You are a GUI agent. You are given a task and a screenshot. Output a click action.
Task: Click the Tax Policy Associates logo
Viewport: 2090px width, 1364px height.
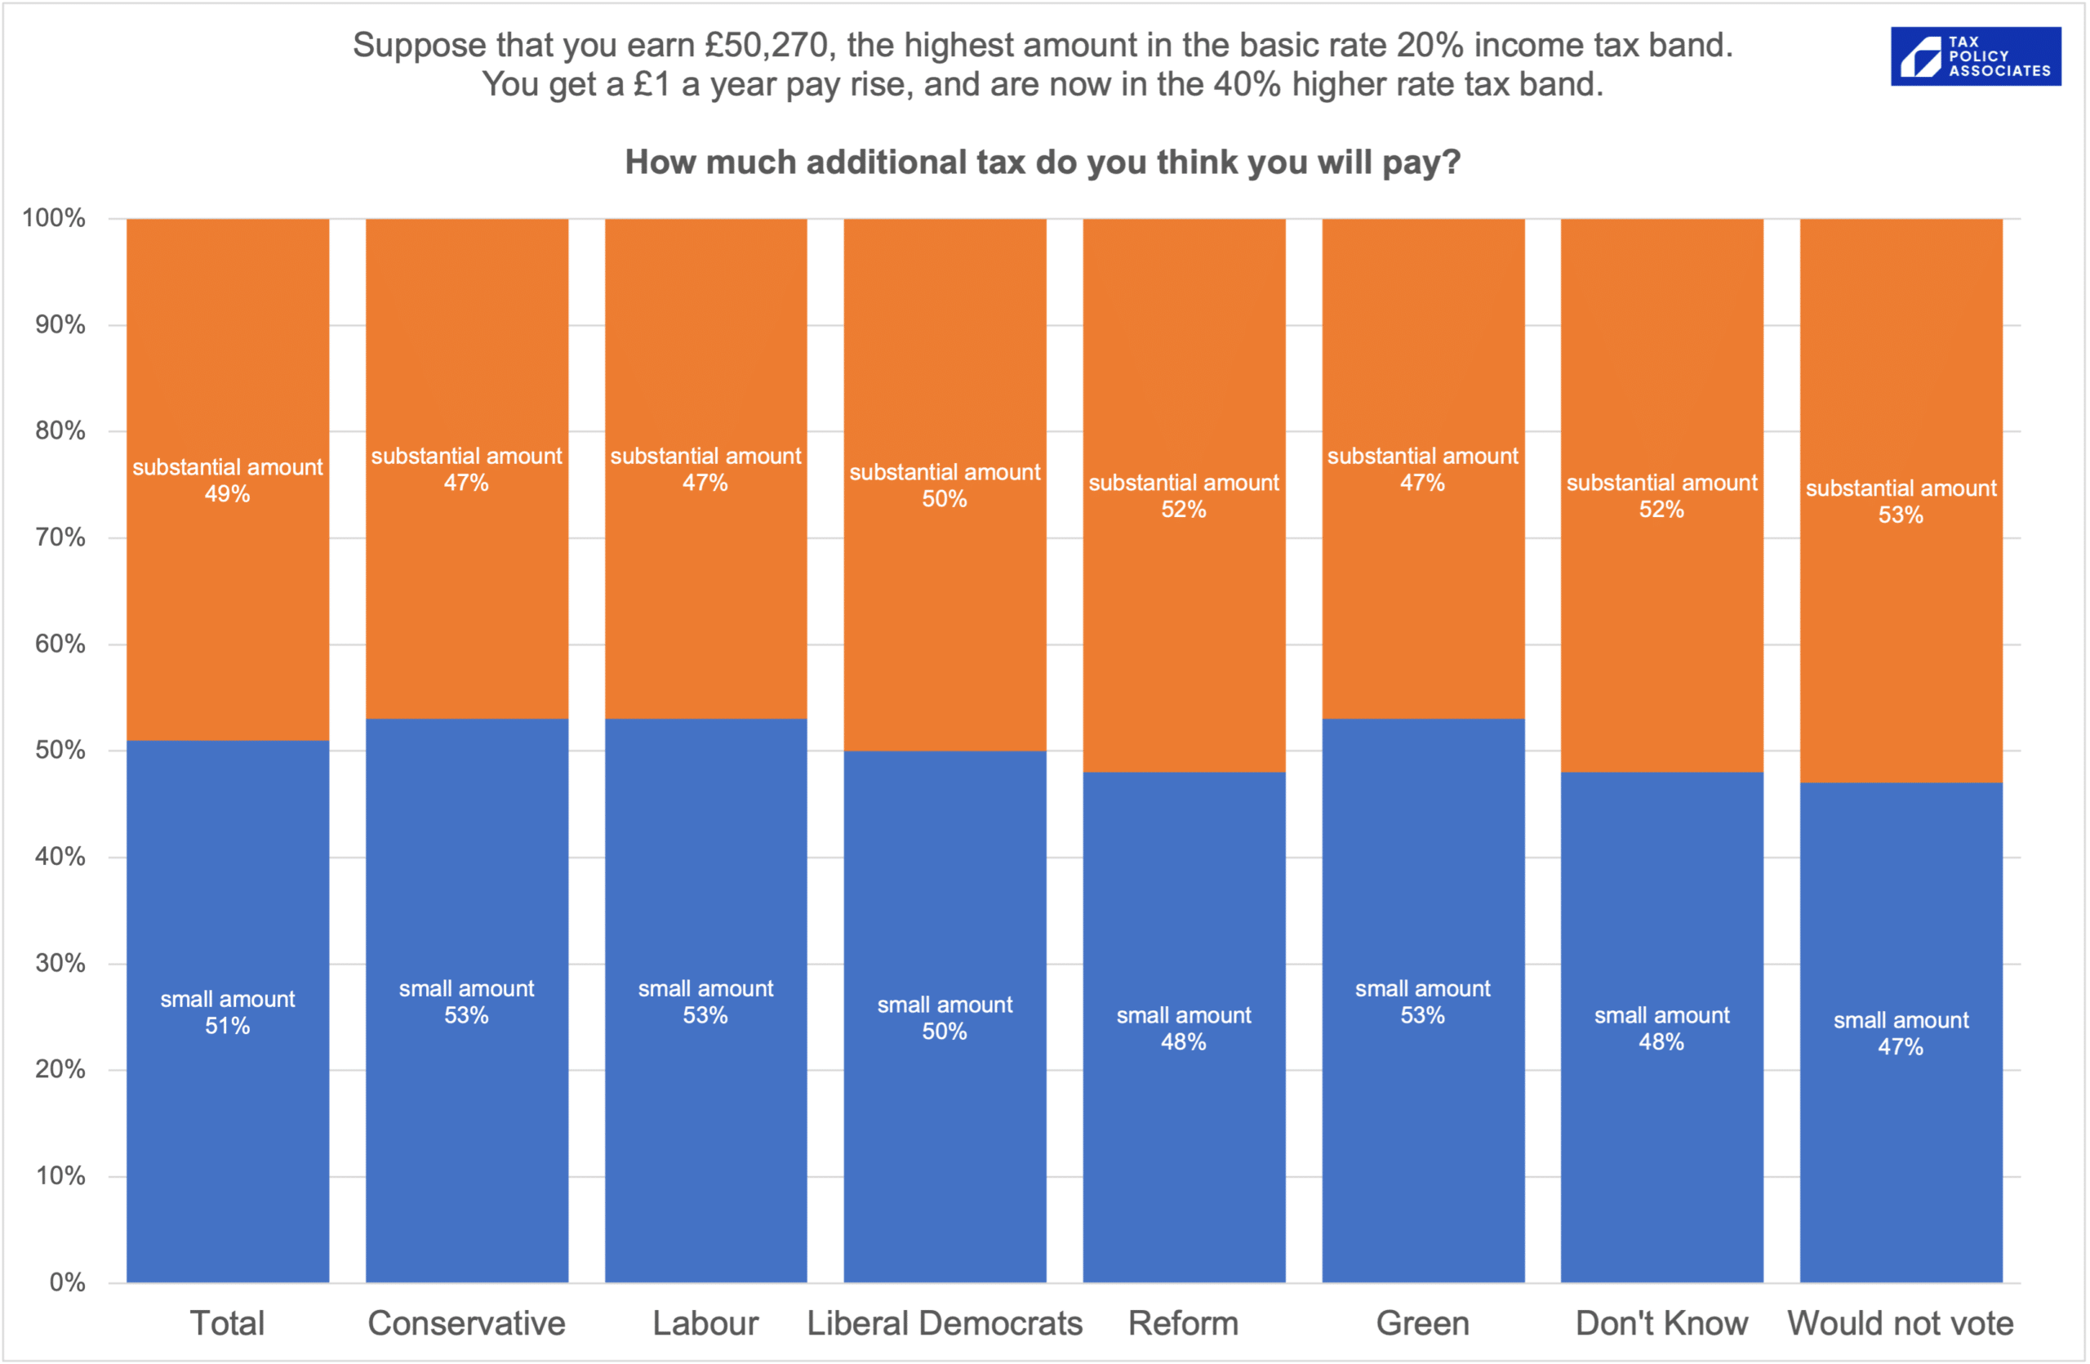[x=1975, y=56]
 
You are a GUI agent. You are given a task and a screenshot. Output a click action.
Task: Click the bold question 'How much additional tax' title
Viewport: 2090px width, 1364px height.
[x=1043, y=163]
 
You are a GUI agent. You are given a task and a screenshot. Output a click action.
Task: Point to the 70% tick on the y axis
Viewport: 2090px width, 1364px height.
[x=60, y=537]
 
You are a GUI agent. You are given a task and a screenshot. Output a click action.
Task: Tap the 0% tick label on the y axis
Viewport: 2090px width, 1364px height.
[x=67, y=1282]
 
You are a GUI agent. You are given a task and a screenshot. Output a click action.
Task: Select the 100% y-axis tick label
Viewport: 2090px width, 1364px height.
[x=54, y=218]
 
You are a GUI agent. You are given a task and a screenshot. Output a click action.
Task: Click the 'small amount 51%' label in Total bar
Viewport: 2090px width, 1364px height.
[x=228, y=1013]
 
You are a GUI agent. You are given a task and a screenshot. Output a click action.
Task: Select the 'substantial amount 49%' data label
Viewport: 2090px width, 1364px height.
[x=228, y=480]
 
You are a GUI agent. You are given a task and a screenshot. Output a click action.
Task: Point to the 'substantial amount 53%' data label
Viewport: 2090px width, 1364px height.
[x=1901, y=501]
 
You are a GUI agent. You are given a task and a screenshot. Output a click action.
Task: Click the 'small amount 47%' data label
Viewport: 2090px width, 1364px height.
[x=1901, y=1034]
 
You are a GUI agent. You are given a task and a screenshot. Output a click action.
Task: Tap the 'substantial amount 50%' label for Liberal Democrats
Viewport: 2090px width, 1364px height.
[x=944, y=486]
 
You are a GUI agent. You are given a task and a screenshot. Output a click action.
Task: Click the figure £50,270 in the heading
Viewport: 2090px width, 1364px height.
[x=767, y=46]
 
